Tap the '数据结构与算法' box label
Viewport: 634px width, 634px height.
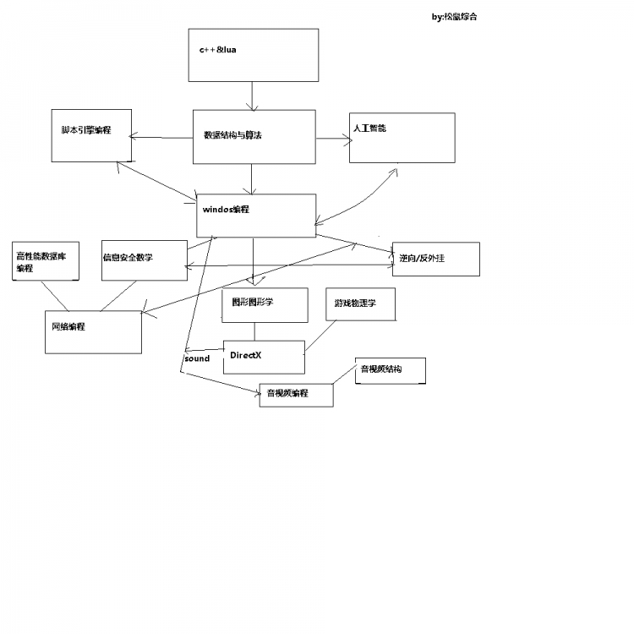pos(232,134)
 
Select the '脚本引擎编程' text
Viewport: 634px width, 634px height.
pos(86,130)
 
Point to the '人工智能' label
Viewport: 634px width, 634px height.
pos(369,128)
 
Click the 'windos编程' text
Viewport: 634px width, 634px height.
pos(226,209)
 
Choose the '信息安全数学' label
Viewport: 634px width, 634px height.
pos(134,257)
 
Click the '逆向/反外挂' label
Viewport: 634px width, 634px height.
pos(422,258)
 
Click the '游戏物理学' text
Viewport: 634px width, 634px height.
pos(355,302)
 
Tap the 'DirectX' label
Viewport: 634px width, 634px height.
pos(246,355)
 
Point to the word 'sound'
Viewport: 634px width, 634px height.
pos(197,358)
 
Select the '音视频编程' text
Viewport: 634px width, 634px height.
pos(287,393)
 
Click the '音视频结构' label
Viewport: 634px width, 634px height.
pos(381,369)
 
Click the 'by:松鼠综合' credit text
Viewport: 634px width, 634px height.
pos(454,16)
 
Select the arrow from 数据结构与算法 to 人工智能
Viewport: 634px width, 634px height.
pos(332,139)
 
